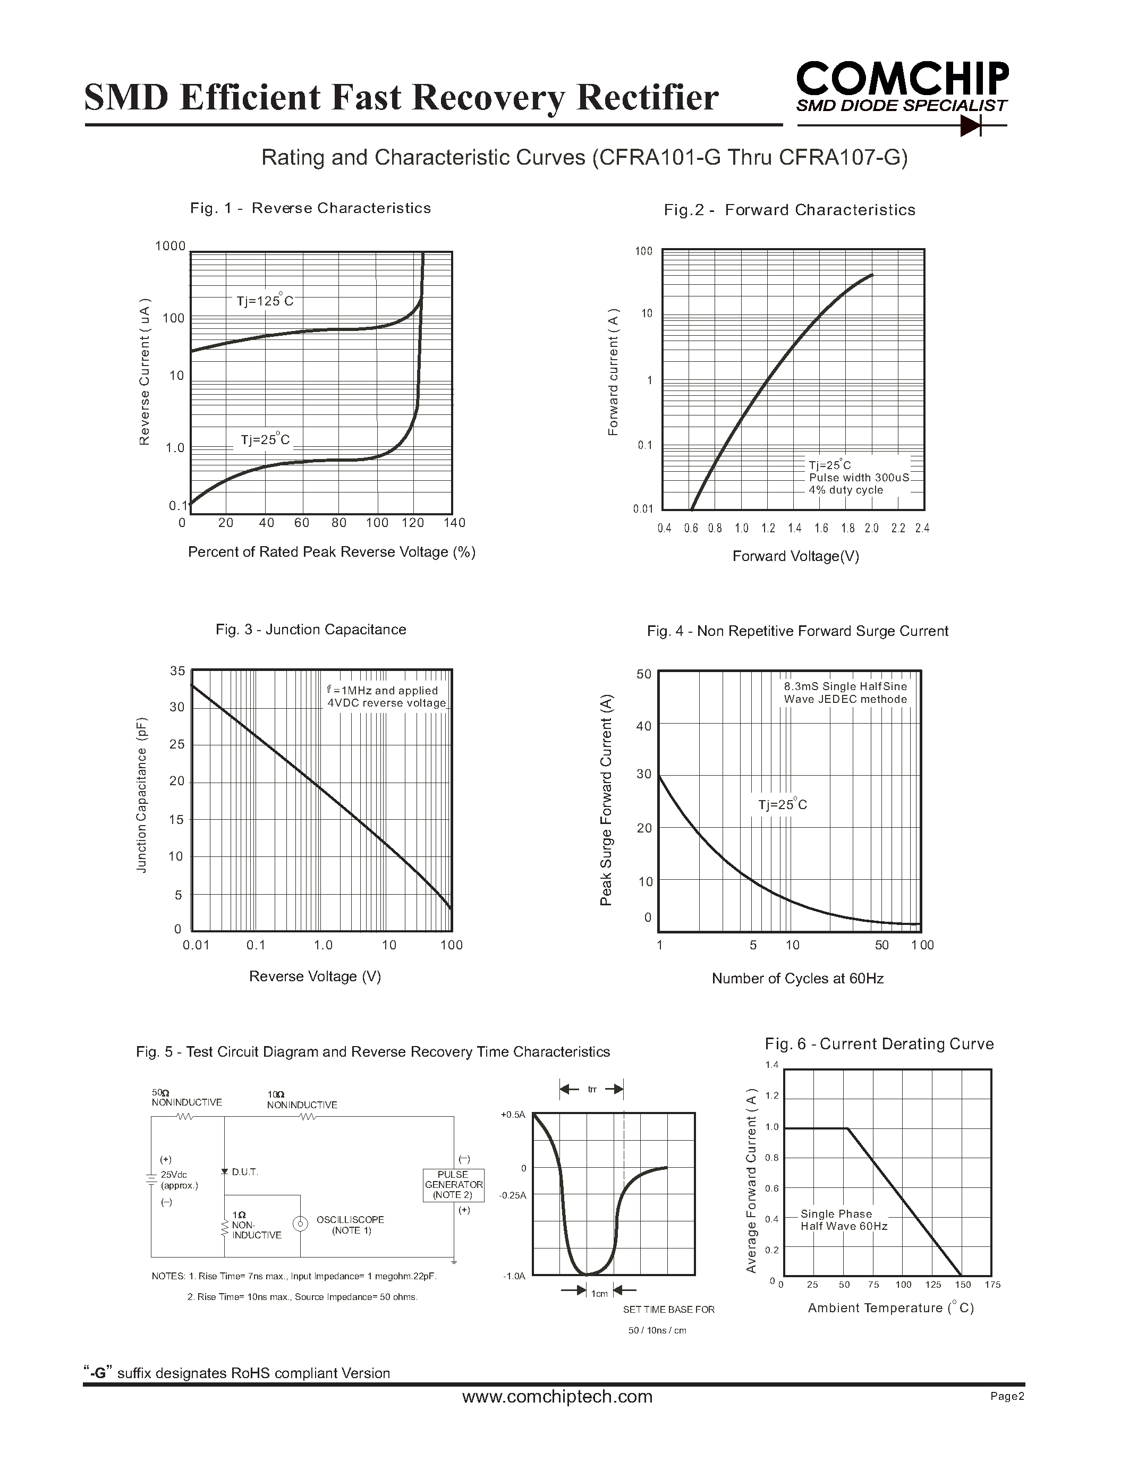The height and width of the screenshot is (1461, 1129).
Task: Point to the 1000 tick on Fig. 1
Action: [x=171, y=246]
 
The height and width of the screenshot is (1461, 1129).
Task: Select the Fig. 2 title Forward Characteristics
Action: [x=789, y=210]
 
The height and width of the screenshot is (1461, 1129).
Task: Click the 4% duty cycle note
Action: [x=845, y=490]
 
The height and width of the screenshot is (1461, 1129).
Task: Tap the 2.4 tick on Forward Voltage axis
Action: [x=922, y=529]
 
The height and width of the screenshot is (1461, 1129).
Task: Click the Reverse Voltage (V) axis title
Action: [x=315, y=976]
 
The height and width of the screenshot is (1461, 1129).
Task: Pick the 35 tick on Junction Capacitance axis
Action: [x=177, y=671]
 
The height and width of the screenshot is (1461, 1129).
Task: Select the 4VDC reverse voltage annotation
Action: [x=386, y=703]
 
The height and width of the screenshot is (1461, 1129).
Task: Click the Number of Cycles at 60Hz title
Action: [x=797, y=978]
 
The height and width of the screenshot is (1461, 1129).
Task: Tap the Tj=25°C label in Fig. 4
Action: [x=783, y=804]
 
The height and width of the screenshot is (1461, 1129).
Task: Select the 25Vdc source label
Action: [x=174, y=1175]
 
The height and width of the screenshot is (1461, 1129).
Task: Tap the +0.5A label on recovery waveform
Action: [x=513, y=1115]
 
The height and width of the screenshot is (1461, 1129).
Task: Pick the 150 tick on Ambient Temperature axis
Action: [x=963, y=1285]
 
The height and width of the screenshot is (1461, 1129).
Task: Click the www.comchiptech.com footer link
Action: [x=557, y=1396]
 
